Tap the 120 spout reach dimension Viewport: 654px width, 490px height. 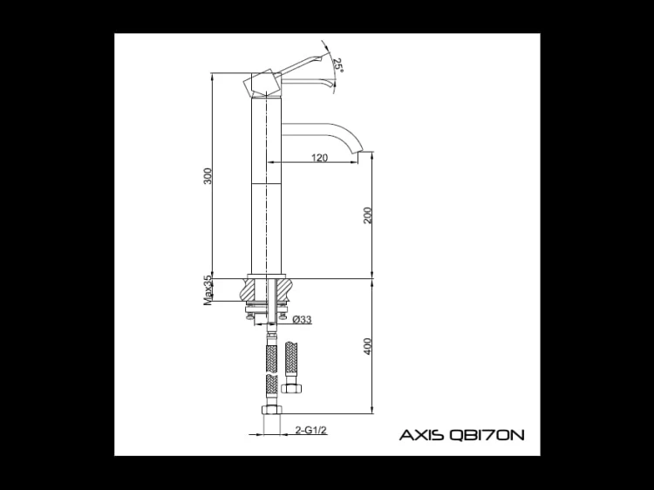coord(319,158)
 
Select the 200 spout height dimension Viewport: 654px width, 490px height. coord(367,215)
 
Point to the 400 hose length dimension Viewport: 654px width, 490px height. coord(367,346)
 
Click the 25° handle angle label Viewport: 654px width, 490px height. coord(337,65)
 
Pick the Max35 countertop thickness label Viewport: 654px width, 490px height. coord(208,290)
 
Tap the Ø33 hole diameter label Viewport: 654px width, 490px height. coord(302,320)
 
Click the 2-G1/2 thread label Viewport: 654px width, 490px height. coord(310,430)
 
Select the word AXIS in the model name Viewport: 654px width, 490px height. coord(422,435)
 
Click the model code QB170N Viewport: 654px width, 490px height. coord(487,435)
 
